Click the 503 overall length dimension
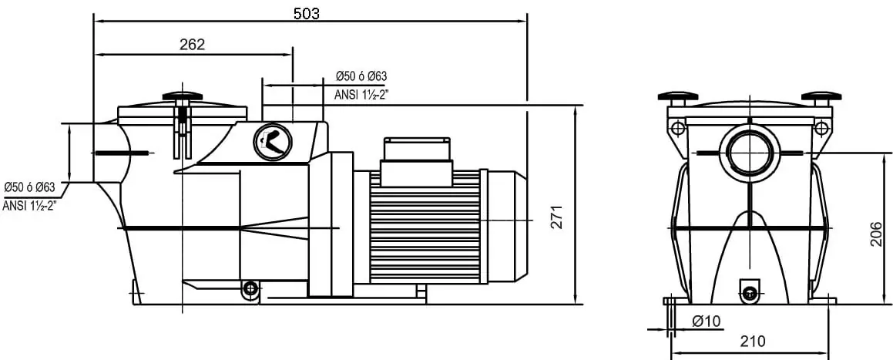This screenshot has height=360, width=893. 307,13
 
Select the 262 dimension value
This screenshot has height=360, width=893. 192,45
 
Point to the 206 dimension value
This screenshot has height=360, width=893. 877,234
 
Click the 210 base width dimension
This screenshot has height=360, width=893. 752,341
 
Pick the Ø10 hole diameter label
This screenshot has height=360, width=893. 707,321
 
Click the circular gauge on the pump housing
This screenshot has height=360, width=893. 272,141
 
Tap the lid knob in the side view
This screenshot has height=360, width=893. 183,96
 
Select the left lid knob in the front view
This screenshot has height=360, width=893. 678,96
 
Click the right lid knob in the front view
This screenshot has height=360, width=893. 821,96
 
